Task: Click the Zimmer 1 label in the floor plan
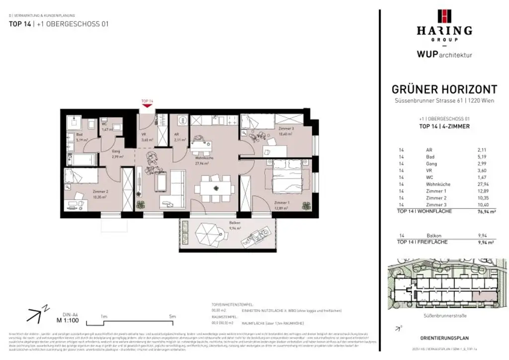tap(281, 203)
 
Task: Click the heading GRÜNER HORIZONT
tap(444, 90)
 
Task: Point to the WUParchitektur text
tap(444, 54)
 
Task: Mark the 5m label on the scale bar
tap(172, 316)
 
